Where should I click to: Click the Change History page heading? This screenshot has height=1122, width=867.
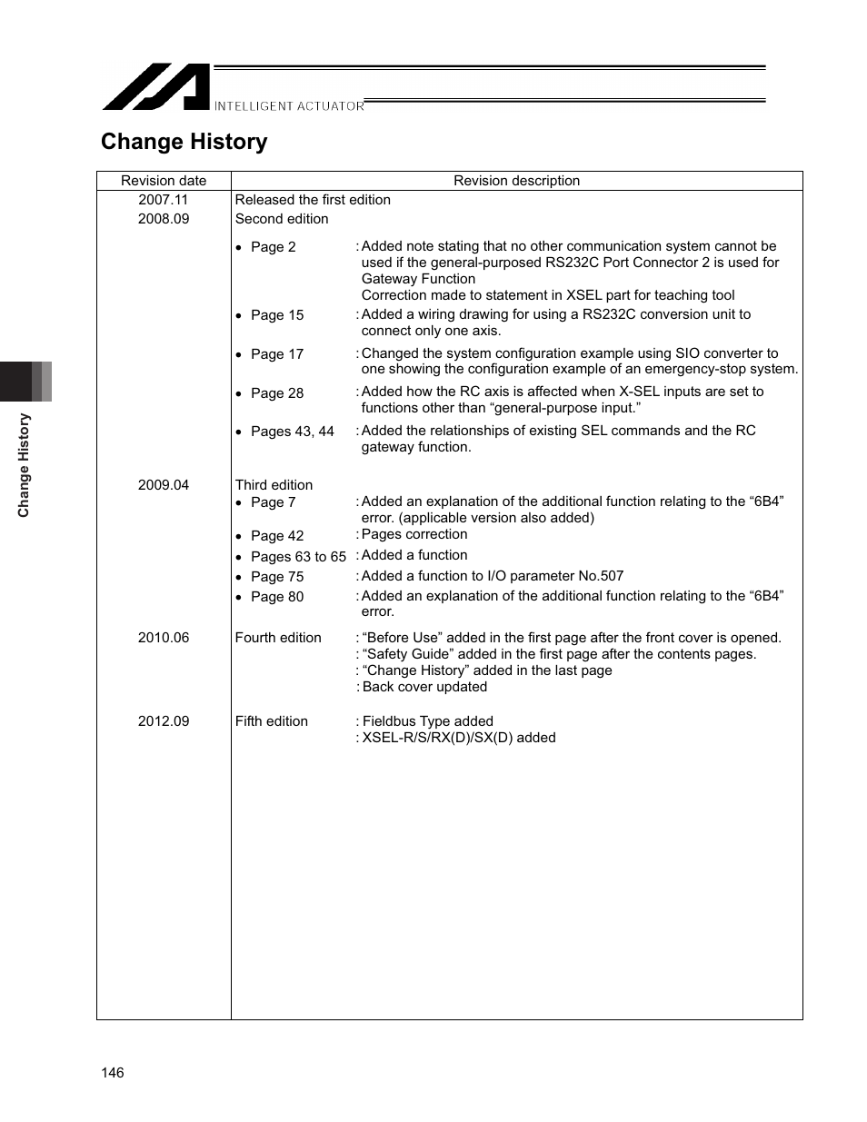point(184,142)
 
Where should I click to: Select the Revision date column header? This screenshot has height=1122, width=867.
point(164,181)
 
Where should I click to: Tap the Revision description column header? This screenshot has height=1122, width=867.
point(516,181)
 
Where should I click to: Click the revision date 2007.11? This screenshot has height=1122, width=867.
point(164,200)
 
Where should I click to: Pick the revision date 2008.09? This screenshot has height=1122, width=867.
point(164,219)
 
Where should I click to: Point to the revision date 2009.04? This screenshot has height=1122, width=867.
point(164,485)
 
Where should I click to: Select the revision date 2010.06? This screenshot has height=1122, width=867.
point(164,638)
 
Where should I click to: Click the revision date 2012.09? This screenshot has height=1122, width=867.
point(164,721)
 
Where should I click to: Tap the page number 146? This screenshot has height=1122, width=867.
point(113,1073)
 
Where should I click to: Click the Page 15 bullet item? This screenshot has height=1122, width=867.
point(276,315)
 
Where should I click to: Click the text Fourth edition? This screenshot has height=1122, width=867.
point(278,638)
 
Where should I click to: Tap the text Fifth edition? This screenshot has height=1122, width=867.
point(272,721)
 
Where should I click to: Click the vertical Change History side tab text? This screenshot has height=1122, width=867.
point(25,465)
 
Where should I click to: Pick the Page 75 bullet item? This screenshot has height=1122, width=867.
point(276,577)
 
